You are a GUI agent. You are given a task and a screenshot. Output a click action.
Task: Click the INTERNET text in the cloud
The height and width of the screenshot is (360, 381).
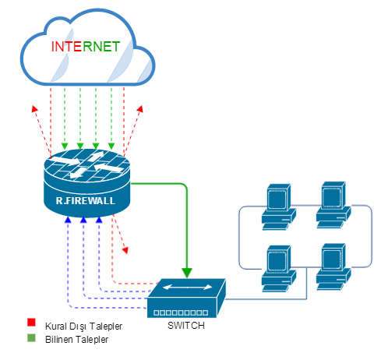(86, 47)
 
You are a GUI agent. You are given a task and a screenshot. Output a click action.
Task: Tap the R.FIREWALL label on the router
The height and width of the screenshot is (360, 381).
(86, 201)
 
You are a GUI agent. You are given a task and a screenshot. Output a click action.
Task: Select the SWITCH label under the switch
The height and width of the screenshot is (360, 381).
(186, 326)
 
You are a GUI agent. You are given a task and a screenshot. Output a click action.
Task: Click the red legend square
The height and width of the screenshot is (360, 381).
(31, 323)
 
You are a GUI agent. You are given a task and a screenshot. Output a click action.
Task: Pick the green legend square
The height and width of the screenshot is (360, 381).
(31, 338)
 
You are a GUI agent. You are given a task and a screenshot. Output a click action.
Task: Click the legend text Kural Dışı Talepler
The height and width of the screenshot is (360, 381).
(83, 326)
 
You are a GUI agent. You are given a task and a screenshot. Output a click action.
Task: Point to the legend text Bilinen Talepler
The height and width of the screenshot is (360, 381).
(76, 340)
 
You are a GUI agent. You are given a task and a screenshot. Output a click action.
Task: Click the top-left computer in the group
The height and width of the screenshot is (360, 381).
(278, 207)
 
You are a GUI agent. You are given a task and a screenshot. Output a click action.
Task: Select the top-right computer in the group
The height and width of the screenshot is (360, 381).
(333, 205)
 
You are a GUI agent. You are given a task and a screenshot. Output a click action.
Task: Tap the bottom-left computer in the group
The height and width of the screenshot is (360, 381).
(278, 269)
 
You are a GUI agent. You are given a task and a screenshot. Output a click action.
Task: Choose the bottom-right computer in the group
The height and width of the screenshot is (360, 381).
(333, 266)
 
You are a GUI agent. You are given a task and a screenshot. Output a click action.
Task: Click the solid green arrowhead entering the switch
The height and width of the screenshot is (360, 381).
(187, 273)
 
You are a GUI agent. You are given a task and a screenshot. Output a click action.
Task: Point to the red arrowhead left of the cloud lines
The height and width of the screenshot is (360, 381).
(34, 109)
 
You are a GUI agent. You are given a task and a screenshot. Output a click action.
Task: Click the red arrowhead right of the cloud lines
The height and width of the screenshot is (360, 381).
(140, 108)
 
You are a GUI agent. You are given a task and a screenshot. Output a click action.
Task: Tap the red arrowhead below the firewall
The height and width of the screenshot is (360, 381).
(125, 250)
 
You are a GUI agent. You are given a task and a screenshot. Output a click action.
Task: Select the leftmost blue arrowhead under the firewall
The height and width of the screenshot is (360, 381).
(68, 220)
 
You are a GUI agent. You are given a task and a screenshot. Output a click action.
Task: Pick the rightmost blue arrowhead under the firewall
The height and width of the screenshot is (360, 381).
(99, 220)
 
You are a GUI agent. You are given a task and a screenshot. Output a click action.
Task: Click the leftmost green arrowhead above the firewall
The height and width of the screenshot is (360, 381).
(65, 146)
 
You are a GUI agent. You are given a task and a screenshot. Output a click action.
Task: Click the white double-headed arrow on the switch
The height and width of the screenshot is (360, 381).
(187, 287)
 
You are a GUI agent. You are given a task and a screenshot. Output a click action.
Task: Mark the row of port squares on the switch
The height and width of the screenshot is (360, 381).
(181, 312)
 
